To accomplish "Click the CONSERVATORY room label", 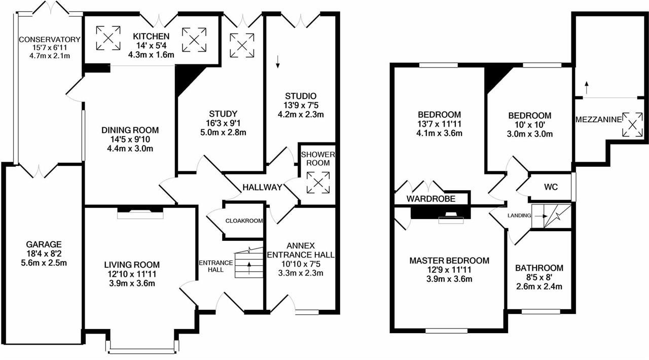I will (50, 40).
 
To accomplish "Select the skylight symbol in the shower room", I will (318, 183).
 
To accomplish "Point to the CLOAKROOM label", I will (244, 221).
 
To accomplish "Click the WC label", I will (551, 187).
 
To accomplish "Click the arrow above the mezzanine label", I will (586, 87).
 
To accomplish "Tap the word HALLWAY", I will (262, 187).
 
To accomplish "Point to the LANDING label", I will (519, 215).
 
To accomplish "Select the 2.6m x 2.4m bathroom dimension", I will (539, 287).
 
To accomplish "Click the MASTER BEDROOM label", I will (450, 261).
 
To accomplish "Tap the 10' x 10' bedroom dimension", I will (530, 125).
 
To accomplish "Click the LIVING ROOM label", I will (132, 265).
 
